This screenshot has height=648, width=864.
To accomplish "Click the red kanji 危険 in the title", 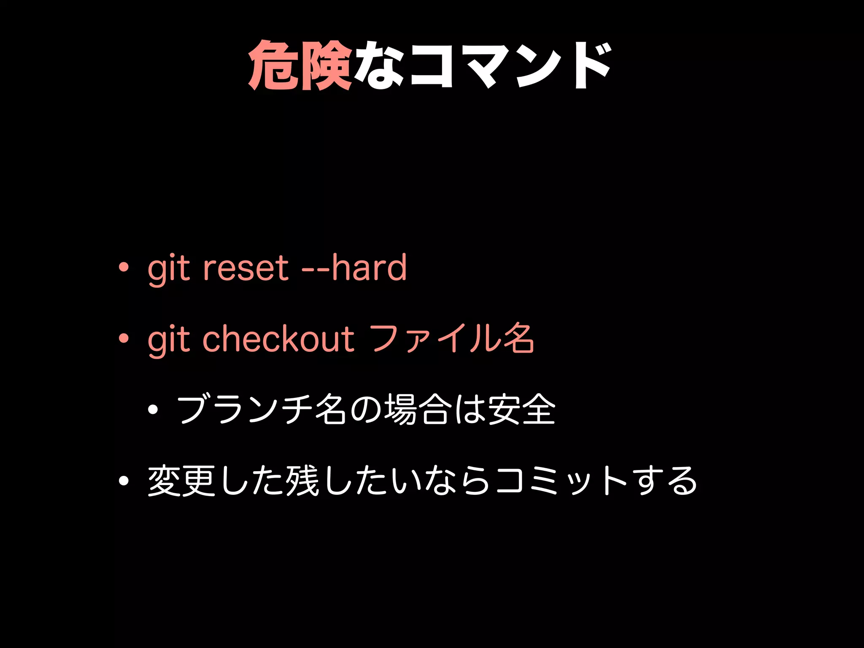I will (x=300, y=65).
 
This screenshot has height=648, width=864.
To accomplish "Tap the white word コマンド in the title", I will (x=510, y=65).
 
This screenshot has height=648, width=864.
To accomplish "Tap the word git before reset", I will (x=169, y=269).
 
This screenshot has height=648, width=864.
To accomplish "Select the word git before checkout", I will (x=169, y=340).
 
